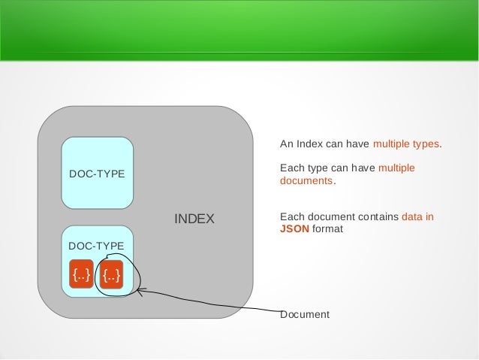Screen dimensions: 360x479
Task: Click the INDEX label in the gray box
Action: tap(194, 219)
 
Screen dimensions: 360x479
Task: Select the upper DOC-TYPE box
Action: tap(97, 173)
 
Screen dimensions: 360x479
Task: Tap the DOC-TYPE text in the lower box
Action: tap(97, 246)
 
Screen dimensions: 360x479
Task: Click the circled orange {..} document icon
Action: tap(112, 276)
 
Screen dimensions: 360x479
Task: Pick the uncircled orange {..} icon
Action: tap(80, 276)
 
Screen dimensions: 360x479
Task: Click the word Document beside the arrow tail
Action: tap(304, 313)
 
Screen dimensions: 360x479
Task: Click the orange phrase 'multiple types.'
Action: tap(408, 144)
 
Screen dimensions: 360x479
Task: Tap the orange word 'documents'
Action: tap(306, 181)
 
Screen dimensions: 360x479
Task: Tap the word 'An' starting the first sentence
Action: tap(286, 144)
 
